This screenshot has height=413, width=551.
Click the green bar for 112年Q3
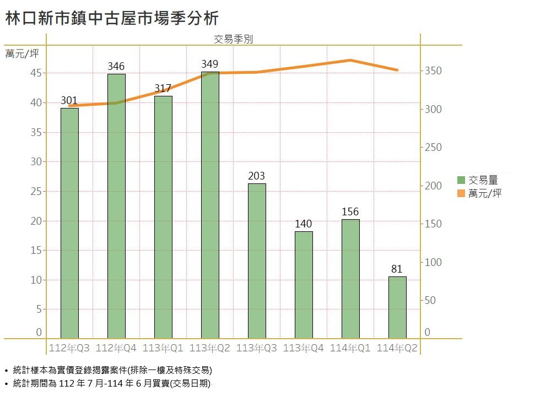pyautogui.click(x=69, y=223)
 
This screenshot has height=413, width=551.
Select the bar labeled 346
pyautogui.click(x=116, y=206)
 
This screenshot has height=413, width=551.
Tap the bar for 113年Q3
pyautogui.click(x=257, y=261)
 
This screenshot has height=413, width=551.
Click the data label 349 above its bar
pyautogui.click(x=210, y=65)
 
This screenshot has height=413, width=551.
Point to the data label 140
pyautogui.click(x=304, y=224)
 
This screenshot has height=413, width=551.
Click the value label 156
pyautogui.click(x=350, y=212)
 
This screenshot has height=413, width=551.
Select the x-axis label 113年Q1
pyautogui.click(x=163, y=348)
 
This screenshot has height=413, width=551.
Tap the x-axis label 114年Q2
pyautogui.click(x=397, y=348)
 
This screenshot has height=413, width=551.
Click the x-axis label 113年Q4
pyautogui.click(x=304, y=348)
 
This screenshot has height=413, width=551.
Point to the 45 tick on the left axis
pyautogui.click(x=35, y=73)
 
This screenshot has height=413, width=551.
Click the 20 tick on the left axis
pyautogui.click(x=35, y=221)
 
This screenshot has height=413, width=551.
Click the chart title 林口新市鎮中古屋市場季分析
pyautogui.click(x=112, y=19)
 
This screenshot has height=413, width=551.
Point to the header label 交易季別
pyautogui.click(x=233, y=39)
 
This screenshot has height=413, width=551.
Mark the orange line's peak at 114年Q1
pyautogui.click(x=350, y=60)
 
